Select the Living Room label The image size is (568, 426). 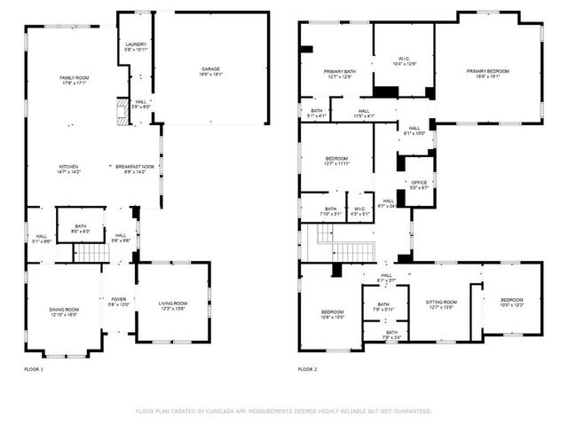pyautogui.click(x=173, y=305)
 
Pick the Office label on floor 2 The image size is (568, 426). pyautogui.click(x=419, y=184)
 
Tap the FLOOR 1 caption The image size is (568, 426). pyautogui.click(x=33, y=368)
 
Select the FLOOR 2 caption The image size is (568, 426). pyautogui.click(x=307, y=368)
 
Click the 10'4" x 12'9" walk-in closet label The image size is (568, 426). pyautogui.click(x=404, y=61)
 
